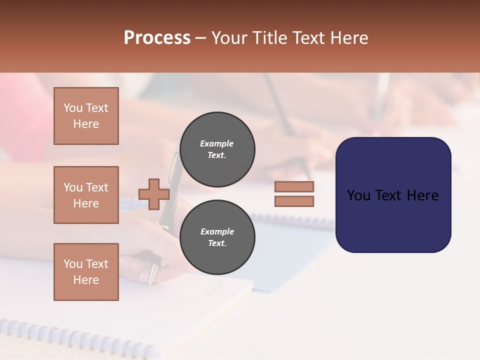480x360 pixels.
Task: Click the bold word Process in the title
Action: point(157,38)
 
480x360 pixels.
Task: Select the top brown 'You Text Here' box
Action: point(86,116)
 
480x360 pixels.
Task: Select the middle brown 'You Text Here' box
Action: point(86,195)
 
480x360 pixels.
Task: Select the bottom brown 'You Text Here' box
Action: point(86,272)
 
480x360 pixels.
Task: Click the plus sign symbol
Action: point(154,194)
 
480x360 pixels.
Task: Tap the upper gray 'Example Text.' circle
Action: point(217,149)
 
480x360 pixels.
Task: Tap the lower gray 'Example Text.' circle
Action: point(217,237)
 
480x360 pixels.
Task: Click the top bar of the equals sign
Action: point(294,186)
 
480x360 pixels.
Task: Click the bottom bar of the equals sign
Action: point(294,201)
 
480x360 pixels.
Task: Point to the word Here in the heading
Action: point(349,38)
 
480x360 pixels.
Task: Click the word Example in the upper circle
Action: point(217,143)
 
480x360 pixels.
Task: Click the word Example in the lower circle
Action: point(217,231)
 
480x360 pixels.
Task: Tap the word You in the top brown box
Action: point(73,108)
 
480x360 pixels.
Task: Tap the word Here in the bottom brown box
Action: point(86,280)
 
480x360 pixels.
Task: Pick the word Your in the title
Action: point(230,38)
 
